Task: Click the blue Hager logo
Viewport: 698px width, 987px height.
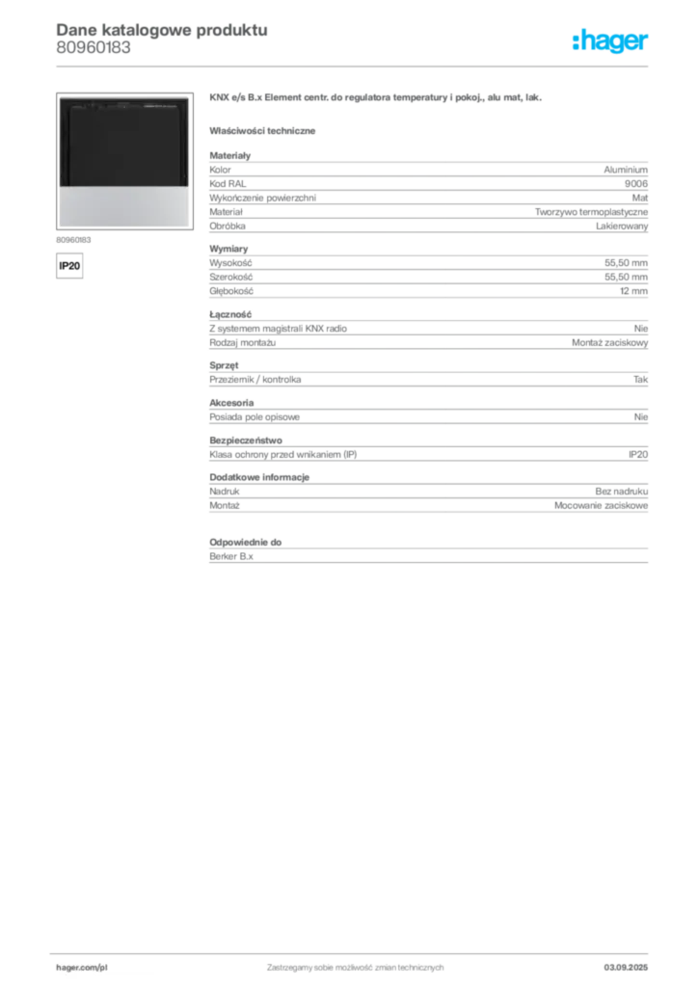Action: point(611,41)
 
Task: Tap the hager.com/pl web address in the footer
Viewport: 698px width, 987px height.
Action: point(81,966)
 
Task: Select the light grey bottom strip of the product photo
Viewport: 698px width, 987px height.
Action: point(123,206)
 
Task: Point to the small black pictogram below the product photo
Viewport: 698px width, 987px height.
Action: point(68,264)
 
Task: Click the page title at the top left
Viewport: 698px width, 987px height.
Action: point(160,30)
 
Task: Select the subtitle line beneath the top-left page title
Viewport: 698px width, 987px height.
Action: point(92,56)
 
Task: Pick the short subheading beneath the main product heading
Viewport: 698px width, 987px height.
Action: point(265,130)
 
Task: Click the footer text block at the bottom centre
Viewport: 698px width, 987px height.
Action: point(354,964)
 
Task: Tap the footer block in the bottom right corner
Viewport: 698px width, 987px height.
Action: point(628,964)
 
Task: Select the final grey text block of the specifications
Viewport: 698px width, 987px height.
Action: point(427,554)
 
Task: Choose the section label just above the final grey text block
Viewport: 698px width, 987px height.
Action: point(247,534)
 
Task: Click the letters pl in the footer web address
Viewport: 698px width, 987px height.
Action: point(102,966)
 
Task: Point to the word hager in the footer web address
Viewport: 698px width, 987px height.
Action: point(67,966)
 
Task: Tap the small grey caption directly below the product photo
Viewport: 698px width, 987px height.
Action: point(73,237)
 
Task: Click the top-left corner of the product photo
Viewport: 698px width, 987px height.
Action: point(59,97)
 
